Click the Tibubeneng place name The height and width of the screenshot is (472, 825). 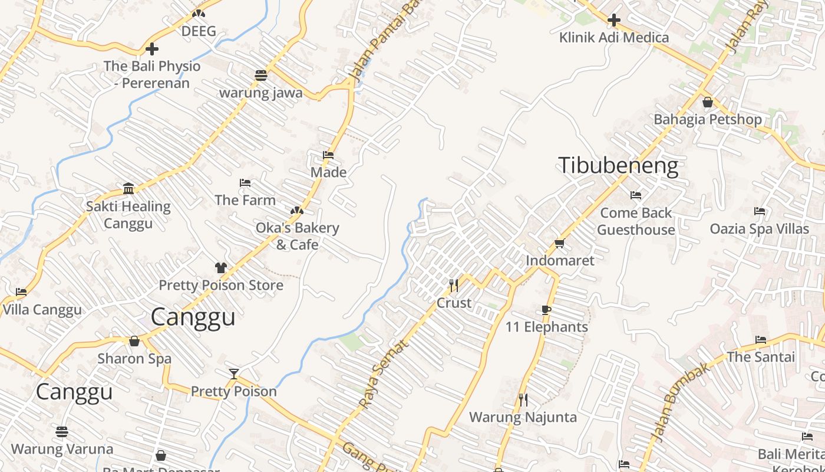[618, 166]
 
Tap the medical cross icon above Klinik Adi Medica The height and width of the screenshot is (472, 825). [613, 20]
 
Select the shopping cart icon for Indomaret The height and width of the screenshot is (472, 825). [559, 243]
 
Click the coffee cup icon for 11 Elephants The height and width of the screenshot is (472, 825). [546, 310]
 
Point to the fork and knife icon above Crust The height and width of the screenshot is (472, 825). [453, 286]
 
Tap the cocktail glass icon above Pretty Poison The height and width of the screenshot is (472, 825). [234, 373]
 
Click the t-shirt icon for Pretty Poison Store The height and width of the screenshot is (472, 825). [221, 268]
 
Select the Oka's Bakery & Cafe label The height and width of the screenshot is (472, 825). [297, 236]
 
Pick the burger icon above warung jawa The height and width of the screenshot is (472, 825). [261, 75]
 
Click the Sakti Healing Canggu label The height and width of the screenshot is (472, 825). [128, 215]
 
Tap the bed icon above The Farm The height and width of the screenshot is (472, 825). [245, 183]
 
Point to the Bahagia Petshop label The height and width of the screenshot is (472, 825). [707, 119]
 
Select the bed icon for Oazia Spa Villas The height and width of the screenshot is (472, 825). [760, 211]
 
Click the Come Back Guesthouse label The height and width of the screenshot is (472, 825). [636, 221]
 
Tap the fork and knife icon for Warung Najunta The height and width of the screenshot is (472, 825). [523, 400]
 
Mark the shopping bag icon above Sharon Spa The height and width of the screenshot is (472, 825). [134, 341]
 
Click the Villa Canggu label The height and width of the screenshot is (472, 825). [42, 310]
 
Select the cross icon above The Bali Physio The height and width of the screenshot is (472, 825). [152, 49]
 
